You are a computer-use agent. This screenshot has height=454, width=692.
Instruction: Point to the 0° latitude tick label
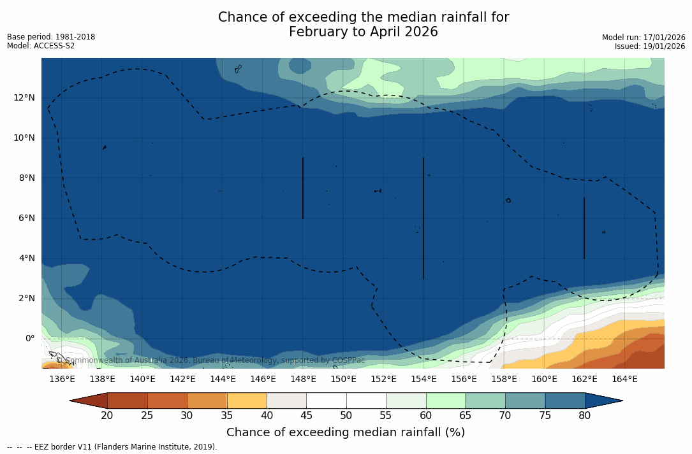click(x=30, y=338)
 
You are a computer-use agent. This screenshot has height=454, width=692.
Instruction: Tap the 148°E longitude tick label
click(x=303, y=379)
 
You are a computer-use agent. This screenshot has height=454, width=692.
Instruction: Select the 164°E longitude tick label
click(x=624, y=379)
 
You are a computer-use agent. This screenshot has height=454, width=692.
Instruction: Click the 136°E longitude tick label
click(x=62, y=379)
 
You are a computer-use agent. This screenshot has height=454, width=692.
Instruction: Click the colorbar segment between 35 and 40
click(x=247, y=401)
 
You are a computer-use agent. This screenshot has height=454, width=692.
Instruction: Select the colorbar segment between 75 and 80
click(x=565, y=401)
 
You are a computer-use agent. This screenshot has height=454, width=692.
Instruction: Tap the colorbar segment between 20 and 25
click(x=128, y=401)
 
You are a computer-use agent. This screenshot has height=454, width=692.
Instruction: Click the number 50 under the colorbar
click(x=346, y=416)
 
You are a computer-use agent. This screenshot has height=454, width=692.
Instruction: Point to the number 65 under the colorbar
click(x=466, y=416)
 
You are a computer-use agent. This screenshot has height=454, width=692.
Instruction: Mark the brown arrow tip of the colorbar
click(x=88, y=401)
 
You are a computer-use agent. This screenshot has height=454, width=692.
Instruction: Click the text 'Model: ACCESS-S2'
click(x=41, y=46)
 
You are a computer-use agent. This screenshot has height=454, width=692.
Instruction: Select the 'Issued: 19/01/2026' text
click(x=650, y=46)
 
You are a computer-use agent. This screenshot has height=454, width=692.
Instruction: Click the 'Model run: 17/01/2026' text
click(x=644, y=38)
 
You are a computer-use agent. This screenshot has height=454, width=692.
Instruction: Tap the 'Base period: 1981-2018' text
click(x=51, y=37)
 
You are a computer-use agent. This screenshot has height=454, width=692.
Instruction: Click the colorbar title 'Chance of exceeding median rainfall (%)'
click(x=346, y=432)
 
